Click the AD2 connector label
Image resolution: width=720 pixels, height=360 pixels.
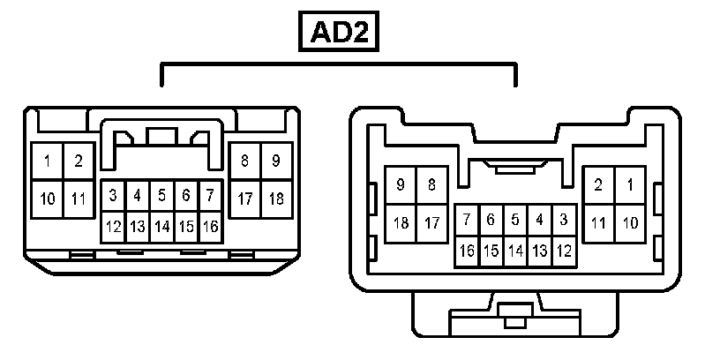(339, 33)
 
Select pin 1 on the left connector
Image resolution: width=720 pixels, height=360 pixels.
(47, 161)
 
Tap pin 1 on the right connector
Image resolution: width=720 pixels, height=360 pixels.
(630, 186)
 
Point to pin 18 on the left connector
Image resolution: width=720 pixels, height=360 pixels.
(276, 199)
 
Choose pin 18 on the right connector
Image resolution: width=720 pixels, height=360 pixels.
(401, 222)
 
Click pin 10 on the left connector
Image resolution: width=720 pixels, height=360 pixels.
(47, 199)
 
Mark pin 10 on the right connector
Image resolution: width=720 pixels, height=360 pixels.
(630, 222)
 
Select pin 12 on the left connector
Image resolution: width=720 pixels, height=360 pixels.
(114, 227)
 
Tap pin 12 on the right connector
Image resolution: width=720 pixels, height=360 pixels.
(564, 251)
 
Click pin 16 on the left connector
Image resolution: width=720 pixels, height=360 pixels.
(209, 227)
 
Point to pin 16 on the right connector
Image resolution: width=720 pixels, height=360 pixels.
(467, 251)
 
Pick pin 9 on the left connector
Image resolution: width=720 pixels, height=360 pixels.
(276, 161)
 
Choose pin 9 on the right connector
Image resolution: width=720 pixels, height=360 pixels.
(401, 185)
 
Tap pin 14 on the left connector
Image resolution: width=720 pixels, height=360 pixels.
(161, 227)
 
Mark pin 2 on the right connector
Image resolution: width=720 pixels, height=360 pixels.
(599, 186)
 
